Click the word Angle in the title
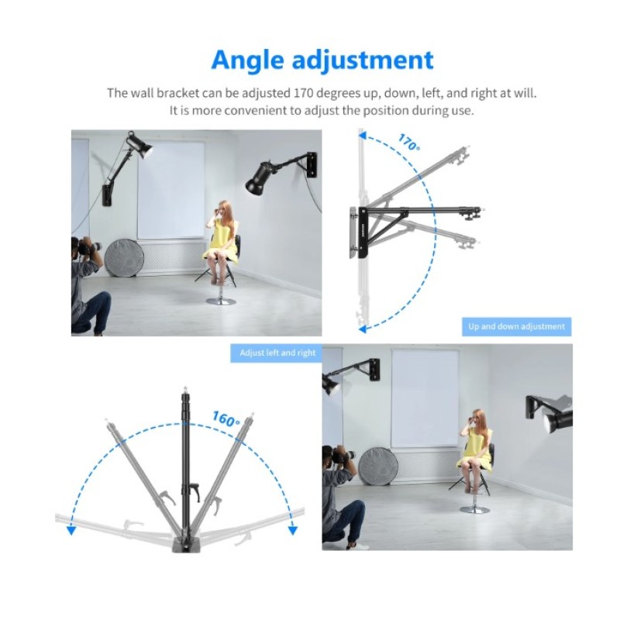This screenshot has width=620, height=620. pos(247,60)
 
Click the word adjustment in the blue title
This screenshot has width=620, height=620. pos(363,60)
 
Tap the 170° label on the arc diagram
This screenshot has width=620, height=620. pos(409,143)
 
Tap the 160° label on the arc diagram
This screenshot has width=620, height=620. pos(226,418)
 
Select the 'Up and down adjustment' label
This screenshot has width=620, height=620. pos(516,326)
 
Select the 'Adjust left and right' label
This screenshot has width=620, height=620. pos(277,353)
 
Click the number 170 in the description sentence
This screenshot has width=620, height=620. pos(304,93)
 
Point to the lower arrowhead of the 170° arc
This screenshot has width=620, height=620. pos(362,329)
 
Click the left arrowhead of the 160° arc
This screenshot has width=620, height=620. pos(71,530)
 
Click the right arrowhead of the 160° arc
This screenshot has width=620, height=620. pos(293,530)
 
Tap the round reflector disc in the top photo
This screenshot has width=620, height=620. pos(124,258)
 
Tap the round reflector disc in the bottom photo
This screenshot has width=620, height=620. pos(378,467)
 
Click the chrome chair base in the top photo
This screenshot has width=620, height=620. pos(221,301)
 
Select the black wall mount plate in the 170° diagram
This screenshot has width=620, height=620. pos(363,233)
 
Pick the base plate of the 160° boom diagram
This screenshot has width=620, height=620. pos(186,544)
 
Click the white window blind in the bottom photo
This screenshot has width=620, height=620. pos(425,398)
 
